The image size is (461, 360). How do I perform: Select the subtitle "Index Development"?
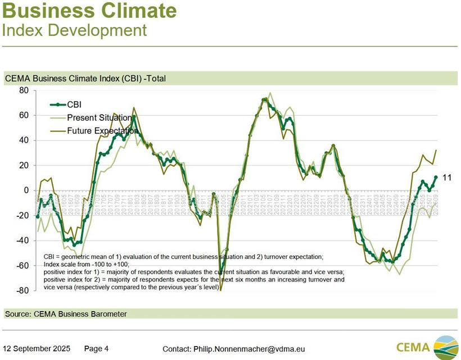pos(75,29)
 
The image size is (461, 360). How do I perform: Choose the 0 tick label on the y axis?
pos(25,190)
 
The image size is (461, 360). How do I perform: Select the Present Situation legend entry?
pos(99,117)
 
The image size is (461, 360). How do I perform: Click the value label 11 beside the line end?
pos(448,177)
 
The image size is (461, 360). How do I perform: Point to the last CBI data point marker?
pos(436,177)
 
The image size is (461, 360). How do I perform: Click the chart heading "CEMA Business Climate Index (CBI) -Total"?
pos(85,78)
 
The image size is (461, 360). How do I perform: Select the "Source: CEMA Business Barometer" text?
pos(65,313)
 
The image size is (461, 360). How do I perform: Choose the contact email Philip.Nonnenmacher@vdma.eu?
pos(233,349)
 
